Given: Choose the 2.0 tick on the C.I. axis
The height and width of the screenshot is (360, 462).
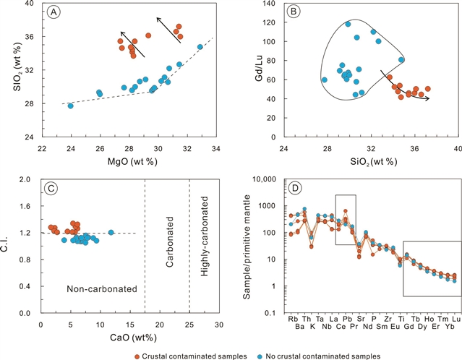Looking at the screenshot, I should point(27,179).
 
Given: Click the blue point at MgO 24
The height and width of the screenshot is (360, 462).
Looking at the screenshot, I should point(71,106).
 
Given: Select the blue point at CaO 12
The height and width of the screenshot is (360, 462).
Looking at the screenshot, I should point(111,232).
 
